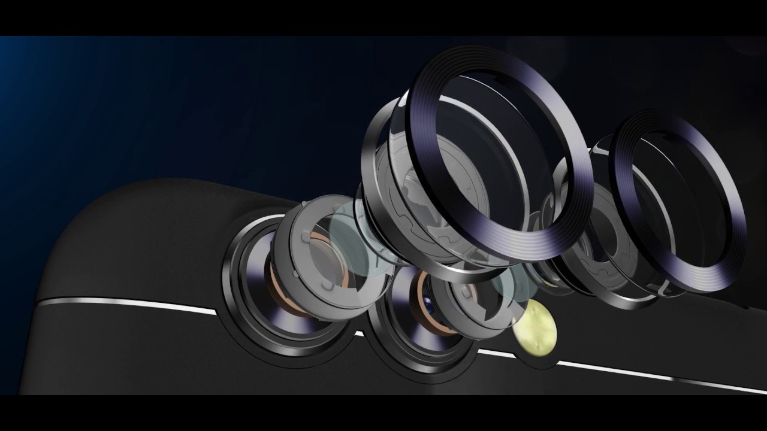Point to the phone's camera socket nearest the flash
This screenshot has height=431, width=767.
pyautogui.click(x=383, y=335)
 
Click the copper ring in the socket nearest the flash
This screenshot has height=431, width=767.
pyautogui.click(x=423, y=299)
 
